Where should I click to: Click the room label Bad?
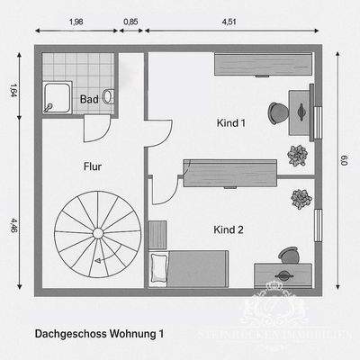pyautogui.click(x=89, y=99)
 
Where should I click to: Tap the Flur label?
pyautogui.click(x=93, y=166)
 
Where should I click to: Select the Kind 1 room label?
pyautogui.click(x=230, y=122)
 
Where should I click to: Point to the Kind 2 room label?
pyautogui.click(x=229, y=229)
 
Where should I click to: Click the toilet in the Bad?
pyautogui.click(x=109, y=94)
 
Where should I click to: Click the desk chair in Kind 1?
pyautogui.click(x=277, y=112)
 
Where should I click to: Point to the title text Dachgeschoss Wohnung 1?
pyautogui.click(x=100, y=333)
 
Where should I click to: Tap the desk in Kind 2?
pyautogui.click(x=283, y=274)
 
